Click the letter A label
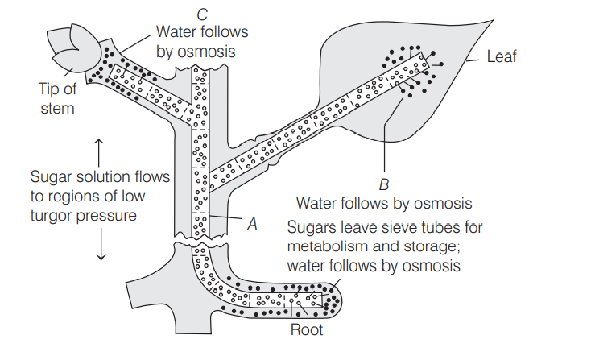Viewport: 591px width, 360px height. click(x=251, y=225)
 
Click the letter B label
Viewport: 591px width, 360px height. click(x=383, y=184)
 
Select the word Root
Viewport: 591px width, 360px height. click(x=307, y=330)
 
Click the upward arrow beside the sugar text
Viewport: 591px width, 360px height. click(x=100, y=149)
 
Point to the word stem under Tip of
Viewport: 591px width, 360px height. click(x=57, y=107)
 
